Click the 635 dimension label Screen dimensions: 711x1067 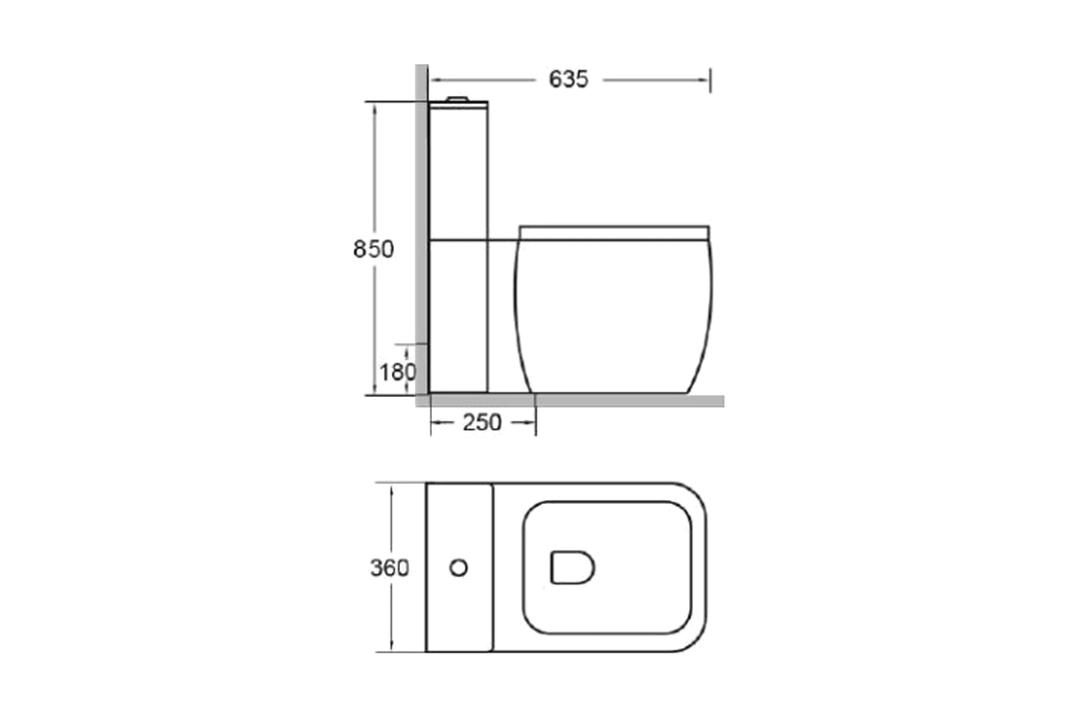pos(568,80)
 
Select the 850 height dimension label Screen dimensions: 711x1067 pos(373,249)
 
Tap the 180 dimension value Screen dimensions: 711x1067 pos(397,372)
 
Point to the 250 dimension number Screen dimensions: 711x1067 pos(482,422)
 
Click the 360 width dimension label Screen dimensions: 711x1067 pos(389,568)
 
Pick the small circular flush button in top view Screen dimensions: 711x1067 pos(458,567)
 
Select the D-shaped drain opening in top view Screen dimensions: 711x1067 pos(572,567)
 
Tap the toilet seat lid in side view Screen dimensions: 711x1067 pos(614,232)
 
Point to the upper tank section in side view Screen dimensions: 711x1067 pos(458,170)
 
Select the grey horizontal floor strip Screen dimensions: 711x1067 pos(625,401)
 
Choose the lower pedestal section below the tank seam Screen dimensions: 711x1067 pos(458,316)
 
